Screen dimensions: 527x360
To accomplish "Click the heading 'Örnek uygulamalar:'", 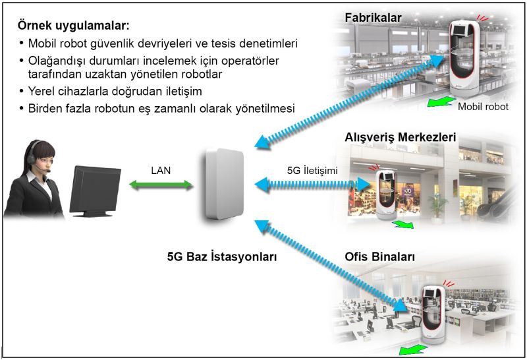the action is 73,26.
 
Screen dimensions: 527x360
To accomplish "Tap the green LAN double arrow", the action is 161,185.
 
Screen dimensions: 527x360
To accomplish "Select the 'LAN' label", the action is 161,170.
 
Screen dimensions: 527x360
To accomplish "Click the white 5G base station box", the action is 224,184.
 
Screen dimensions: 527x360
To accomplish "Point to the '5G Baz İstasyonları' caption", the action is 222,256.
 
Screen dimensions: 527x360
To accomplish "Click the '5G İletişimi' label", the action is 312,170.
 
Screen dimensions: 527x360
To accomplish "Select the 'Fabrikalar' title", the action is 373,18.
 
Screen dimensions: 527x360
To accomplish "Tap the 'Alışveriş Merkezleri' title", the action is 401,137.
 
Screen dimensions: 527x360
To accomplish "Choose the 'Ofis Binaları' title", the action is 380,256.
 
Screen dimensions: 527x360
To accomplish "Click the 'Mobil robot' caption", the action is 483,107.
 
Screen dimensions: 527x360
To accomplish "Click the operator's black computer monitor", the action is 96,191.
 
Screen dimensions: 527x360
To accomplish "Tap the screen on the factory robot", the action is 459,29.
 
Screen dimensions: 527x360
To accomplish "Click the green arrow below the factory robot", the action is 441,102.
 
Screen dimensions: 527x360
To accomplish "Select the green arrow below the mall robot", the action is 403,224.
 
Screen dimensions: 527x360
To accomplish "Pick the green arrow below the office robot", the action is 413,350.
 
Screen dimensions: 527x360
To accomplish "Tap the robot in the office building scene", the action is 433,315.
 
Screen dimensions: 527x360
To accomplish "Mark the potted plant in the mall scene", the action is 437,208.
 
